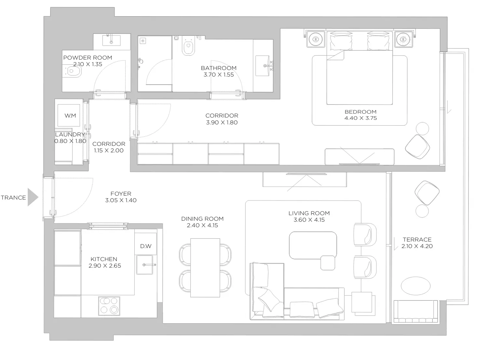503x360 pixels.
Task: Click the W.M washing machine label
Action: pyautogui.click(x=70, y=116)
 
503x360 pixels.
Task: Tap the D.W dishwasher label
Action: pyautogui.click(x=146, y=246)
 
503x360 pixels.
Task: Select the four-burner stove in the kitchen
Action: pyautogui.click(x=109, y=306)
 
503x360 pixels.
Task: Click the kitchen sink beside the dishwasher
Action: pyautogui.click(x=145, y=265)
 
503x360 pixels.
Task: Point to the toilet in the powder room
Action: pyautogui.click(x=72, y=71)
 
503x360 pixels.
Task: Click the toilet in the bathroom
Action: pyautogui.click(x=188, y=46)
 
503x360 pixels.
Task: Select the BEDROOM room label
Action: pyautogui.click(x=360, y=112)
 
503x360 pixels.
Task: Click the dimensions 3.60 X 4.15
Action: pyautogui.click(x=309, y=220)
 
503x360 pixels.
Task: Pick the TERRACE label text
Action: pyautogui.click(x=417, y=240)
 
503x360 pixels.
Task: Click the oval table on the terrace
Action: pyautogui.click(x=416, y=286)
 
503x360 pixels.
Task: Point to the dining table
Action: pyautogui.click(x=205, y=268)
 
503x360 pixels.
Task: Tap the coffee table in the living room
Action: pyautogui.click(x=313, y=245)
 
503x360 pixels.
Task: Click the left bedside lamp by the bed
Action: pyautogui.click(x=316, y=39)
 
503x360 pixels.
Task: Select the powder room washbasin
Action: pyautogui.click(x=111, y=40)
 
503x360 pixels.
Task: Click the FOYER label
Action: pyautogui.click(x=121, y=194)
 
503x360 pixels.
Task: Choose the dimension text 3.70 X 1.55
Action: pyautogui.click(x=219, y=75)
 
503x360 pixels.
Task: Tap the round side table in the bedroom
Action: pyautogui.click(x=422, y=129)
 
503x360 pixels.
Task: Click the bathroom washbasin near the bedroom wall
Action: pyautogui.click(x=263, y=66)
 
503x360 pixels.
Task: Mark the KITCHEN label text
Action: pyautogui.click(x=104, y=259)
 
